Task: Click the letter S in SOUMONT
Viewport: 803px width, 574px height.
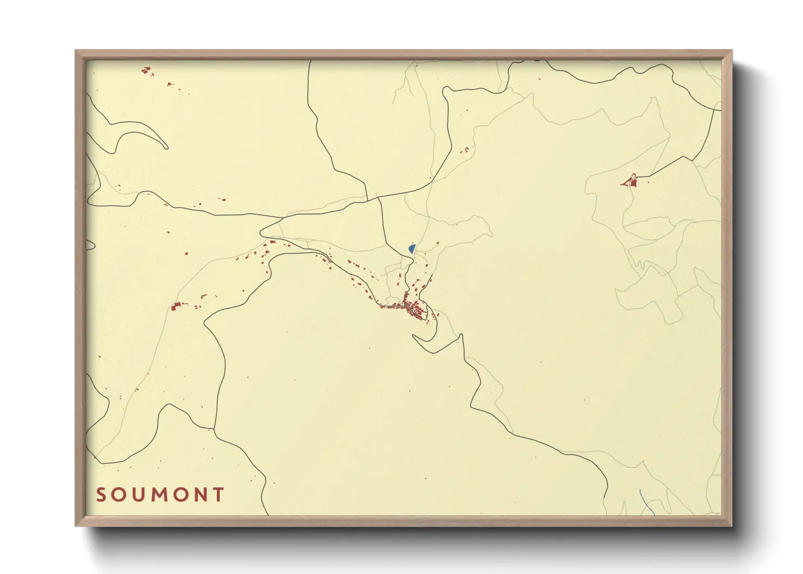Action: [x=101, y=495]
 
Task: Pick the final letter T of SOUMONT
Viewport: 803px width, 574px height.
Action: [x=219, y=495]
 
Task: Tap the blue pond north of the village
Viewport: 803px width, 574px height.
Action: [x=412, y=248]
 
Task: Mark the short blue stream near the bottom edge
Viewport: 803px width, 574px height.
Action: [x=645, y=502]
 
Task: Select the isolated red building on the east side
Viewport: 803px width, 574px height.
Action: [x=630, y=181]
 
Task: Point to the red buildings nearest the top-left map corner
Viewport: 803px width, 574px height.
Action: [x=145, y=70]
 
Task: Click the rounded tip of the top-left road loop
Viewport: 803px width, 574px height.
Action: [x=166, y=146]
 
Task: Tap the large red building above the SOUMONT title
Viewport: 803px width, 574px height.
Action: [x=175, y=307]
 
